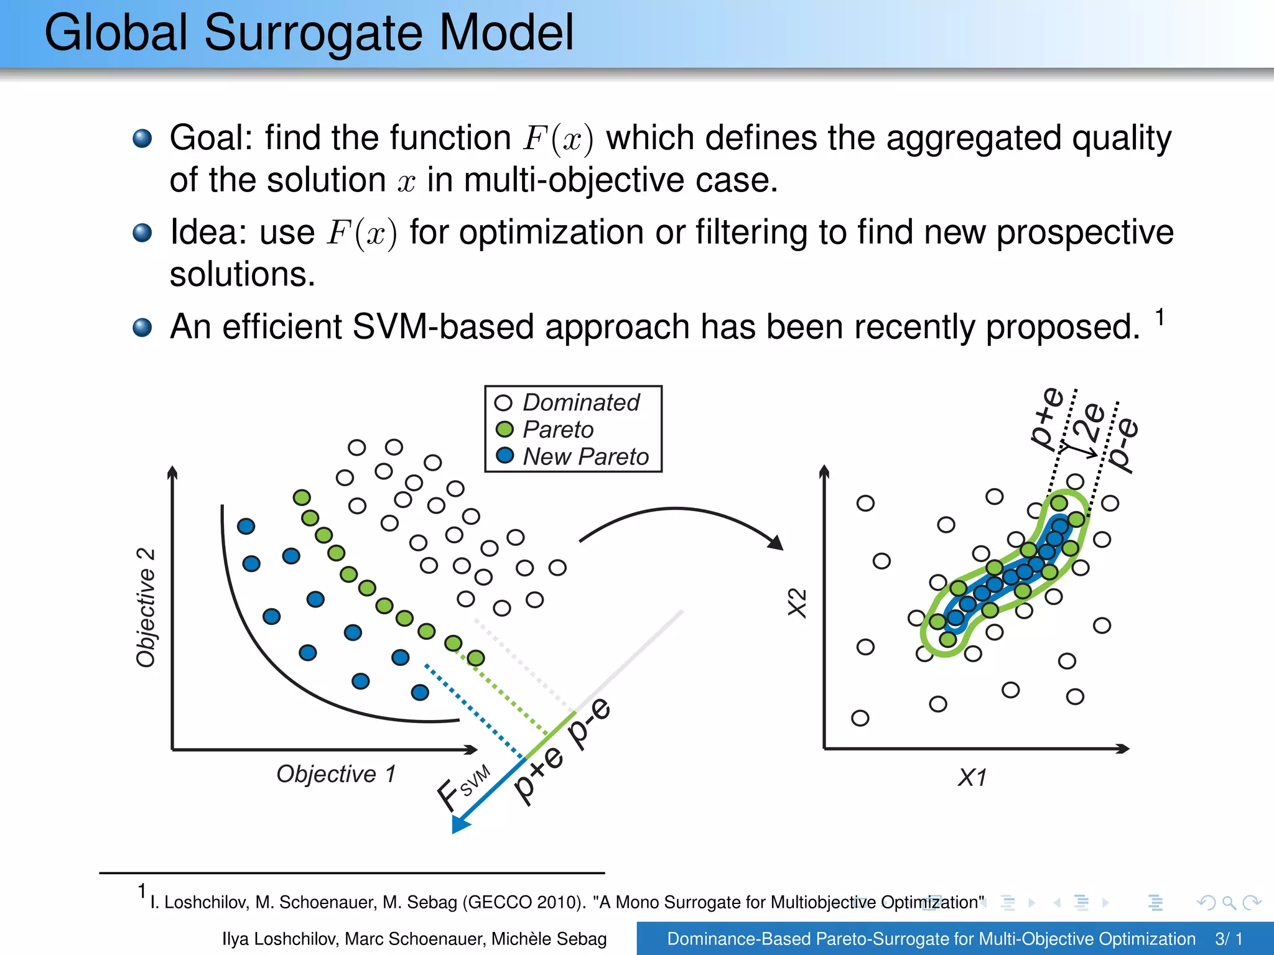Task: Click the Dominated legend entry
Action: pos(580,403)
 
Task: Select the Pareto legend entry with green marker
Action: pos(557,430)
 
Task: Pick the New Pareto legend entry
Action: pos(585,457)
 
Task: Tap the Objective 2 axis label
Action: pos(146,607)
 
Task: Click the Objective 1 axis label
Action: pos(336,774)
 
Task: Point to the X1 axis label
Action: pos(972,778)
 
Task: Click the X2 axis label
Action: pos(797,602)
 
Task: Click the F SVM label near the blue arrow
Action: pos(463,787)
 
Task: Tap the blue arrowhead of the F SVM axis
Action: pos(460,824)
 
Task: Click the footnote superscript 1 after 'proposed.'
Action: pos(1160,317)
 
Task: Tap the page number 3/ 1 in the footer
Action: pos(1229,939)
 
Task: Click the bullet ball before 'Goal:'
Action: pos(142,138)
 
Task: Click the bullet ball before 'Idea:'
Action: pos(142,233)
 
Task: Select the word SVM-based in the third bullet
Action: pos(443,327)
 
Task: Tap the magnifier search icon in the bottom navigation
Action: pos(1229,902)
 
